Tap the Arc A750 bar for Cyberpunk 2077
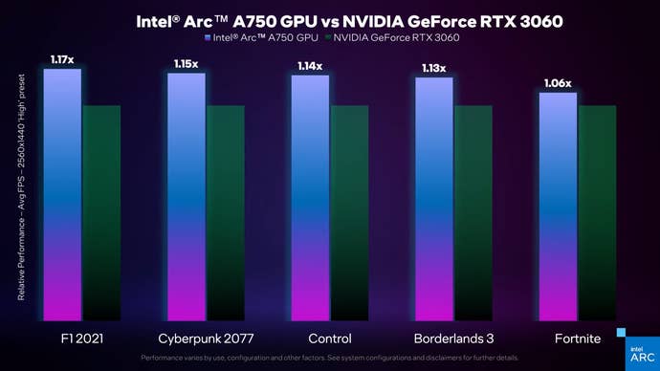[186, 196]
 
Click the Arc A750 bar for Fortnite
[558, 206]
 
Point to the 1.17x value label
[62, 60]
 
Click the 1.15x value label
[186, 64]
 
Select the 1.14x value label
[310, 66]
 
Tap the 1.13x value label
[433, 68]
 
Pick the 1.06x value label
[558, 83]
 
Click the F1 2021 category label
[81, 338]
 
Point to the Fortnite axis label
[577, 338]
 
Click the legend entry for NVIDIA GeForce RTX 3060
[392, 37]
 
